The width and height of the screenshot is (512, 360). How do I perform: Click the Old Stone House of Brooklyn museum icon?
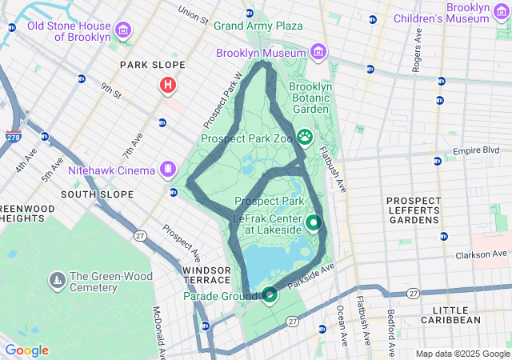tap(123, 31)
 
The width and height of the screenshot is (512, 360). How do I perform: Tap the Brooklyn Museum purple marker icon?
tap(318, 53)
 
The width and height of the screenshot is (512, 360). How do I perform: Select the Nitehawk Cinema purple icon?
tap(167, 169)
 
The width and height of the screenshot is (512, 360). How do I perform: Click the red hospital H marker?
tap(168, 85)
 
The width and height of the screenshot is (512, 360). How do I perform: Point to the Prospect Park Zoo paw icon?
tap(305, 138)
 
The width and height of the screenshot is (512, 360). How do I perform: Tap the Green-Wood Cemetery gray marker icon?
tap(58, 281)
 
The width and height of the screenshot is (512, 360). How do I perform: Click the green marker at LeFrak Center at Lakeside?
tap(314, 223)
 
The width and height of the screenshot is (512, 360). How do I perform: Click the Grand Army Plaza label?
tap(258, 26)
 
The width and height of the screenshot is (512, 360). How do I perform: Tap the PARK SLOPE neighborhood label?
tap(152, 65)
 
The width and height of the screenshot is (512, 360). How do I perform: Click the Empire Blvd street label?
tap(475, 150)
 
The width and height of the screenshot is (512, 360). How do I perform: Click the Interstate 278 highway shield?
tap(13, 138)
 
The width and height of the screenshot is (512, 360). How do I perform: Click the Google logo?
tap(26, 350)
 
